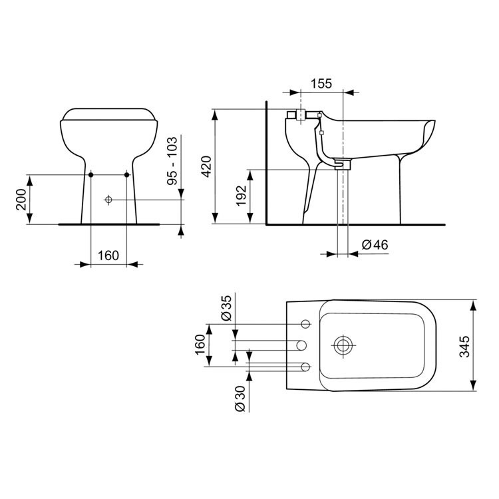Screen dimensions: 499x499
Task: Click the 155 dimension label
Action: pyautogui.click(x=321, y=84)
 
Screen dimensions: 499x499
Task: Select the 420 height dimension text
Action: pyautogui.click(x=206, y=166)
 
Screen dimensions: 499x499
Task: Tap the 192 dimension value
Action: pyautogui.click(x=241, y=196)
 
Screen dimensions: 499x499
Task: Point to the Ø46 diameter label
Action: pyautogui.click(x=375, y=245)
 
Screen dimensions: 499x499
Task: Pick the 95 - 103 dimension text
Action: pyautogui.click(x=172, y=160)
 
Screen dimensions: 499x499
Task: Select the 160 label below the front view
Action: pyautogui.click(x=108, y=255)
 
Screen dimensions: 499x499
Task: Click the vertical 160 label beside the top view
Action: pyautogui.click(x=200, y=345)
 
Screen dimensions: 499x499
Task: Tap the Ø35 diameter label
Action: pyautogui.click(x=226, y=307)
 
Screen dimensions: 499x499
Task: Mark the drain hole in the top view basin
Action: pyautogui.click(x=344, y=345)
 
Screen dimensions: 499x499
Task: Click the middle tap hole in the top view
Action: pyautogui.click(x=300, y=345)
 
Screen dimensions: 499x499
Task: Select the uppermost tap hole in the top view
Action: pyautogui.click(x=306, y=324)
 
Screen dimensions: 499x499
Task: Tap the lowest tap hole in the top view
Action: pyautogui.click(x=306, y=367)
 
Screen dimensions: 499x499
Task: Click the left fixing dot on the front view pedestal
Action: pyautogui.click(x=90, y=174)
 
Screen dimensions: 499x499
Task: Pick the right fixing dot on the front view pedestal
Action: pyautogui.click(x=126, y=174)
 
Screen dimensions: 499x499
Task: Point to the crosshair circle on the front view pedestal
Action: pyautogui.click(x=108, y=200)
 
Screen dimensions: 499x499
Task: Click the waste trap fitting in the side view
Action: pyautogui.click(x=342, y=164)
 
